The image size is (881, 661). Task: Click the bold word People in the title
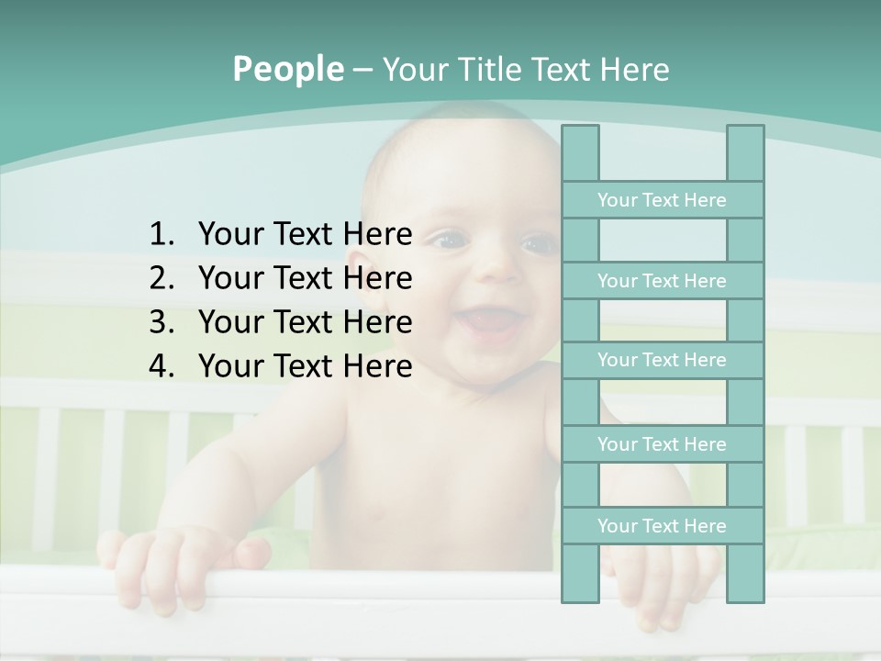288,69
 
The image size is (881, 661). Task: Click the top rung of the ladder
662,200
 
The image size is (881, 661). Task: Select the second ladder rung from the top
662,281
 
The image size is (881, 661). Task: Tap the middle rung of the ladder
662,360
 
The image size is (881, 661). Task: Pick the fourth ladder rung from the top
662,444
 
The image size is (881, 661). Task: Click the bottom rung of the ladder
662,526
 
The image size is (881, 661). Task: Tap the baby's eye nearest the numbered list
449,241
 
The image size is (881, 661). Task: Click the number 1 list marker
161,234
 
